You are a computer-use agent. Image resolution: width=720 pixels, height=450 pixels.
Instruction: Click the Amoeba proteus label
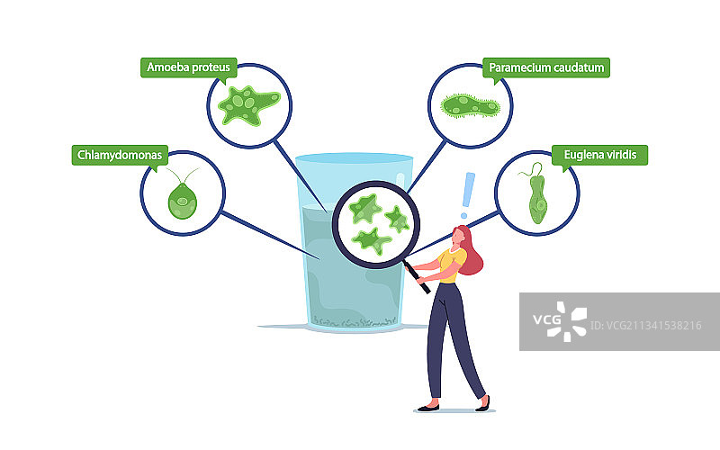click(185, 67)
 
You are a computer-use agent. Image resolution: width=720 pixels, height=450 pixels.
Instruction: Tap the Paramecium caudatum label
click(545, 67)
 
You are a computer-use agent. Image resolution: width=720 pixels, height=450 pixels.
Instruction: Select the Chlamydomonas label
click(118, 156)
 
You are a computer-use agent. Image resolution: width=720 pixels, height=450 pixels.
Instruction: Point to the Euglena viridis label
click(598, 156)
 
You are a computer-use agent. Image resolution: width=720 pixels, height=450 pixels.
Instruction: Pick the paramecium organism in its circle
click(470, 107)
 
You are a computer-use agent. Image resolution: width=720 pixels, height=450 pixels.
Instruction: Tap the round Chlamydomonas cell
click(183, 203)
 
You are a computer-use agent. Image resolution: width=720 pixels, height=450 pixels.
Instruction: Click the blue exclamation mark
click(465, 194)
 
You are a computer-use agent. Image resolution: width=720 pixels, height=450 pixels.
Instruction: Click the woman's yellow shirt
click(449, 265)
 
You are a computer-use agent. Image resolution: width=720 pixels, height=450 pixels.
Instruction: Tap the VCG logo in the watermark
click(564, 322)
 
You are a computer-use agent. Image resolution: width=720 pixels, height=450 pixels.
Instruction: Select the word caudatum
click(579, 67)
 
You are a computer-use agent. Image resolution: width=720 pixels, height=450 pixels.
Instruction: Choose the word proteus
click(209, 67)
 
